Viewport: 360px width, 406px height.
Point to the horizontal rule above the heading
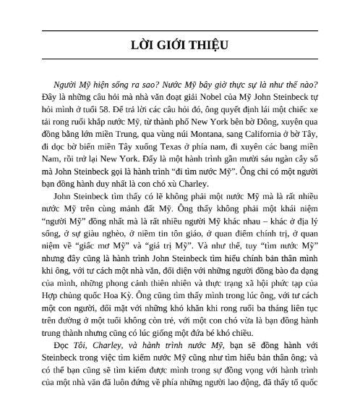[x=179, y=31]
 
